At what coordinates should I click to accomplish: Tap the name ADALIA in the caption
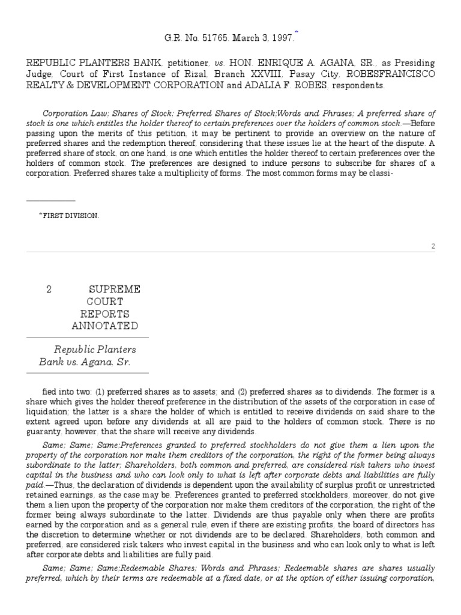point(273,86)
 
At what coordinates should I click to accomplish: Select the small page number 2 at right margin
point(433,246)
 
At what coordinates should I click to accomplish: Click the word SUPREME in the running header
point(114,289)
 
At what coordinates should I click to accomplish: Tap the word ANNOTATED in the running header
point(104,326)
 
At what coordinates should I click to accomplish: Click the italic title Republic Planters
point(95,350)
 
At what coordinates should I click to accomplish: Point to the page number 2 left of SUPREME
point(49,289)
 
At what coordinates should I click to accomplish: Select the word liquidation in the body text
point(46,411)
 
